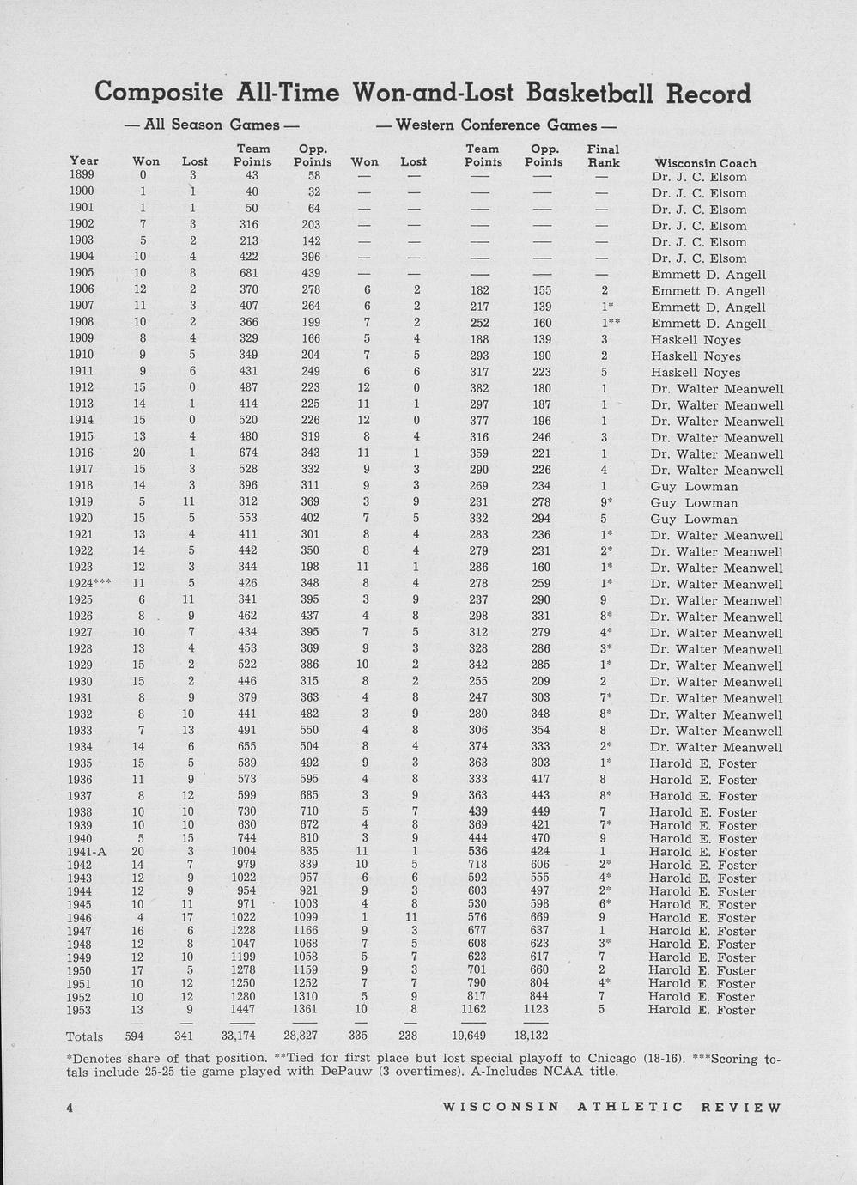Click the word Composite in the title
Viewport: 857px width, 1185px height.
[160, 92]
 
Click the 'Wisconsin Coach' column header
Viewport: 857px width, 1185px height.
[705, 163]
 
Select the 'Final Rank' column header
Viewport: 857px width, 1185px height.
[603, 155]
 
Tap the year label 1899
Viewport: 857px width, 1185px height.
[82, 175]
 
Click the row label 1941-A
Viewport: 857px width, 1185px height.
[87, 852]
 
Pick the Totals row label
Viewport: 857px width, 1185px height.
[84, 1036]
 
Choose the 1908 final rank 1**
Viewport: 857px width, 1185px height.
[608, 323]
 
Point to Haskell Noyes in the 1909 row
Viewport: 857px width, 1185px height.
[696, 340]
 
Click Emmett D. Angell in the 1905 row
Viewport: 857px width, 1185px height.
[708, 275]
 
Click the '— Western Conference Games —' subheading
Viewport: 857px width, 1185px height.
[496, 125]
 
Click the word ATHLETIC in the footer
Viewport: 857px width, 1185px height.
[630, 1107]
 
